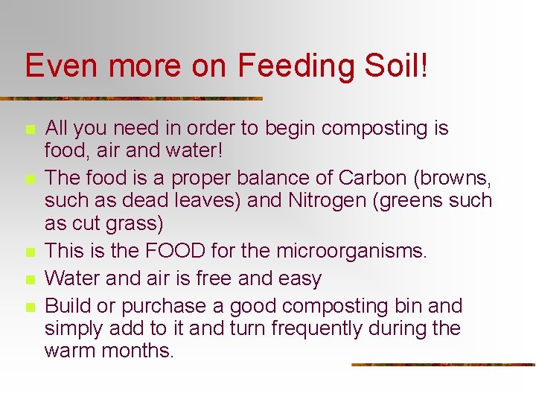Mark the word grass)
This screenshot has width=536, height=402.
[136, 223]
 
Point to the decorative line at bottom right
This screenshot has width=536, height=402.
[443, 365]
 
